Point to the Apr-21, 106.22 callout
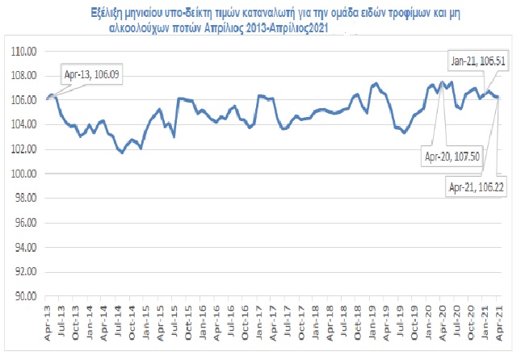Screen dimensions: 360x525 (x=473, y=186)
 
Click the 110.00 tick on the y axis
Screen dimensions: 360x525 (x=27, y=51)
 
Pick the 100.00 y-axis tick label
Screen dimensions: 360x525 (x=27, y=174)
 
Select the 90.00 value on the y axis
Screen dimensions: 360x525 (x=27, y=296)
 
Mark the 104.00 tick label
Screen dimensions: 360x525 (x=27, y=124)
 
